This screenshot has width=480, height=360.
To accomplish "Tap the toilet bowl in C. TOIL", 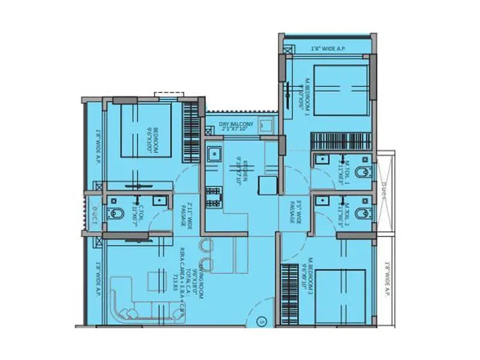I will tap(115, 212).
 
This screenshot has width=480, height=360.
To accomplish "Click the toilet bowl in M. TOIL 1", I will tap(361, 172).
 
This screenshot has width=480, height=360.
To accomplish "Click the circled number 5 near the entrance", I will tap(261, 322).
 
